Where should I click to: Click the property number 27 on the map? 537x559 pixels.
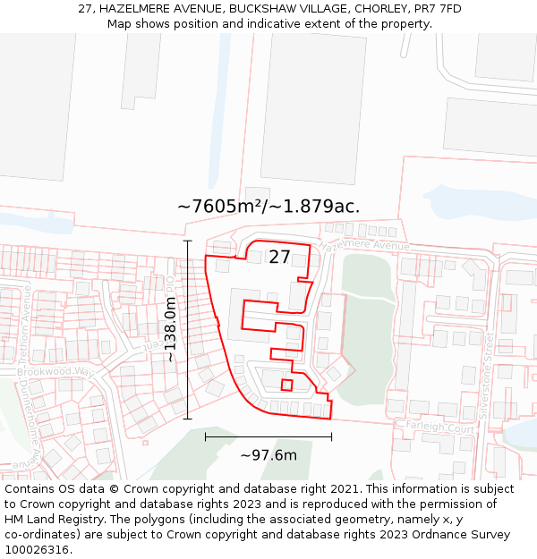[x=279, y=258]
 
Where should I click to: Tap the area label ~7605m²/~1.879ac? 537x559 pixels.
[x=268, y=207]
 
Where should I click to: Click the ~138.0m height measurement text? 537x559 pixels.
[x=169, y=329]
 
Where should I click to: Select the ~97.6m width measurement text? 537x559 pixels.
[x=268, y=455]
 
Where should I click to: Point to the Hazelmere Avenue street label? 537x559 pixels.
[x=363, y=245]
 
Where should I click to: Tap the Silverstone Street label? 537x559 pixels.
[x=490, y=372]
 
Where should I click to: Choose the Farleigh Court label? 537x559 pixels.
[x=439, y=428]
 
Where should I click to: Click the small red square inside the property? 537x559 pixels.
[x=286, y=385]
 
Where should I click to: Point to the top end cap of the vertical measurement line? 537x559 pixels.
[x=187, y=241]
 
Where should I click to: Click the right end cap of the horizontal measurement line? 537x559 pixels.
[x=331, y=436]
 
